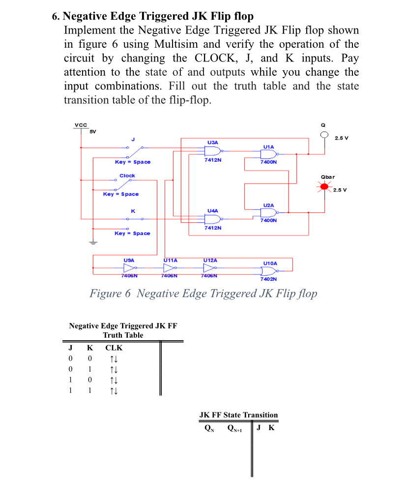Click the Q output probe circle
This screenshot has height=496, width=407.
click(324, 135)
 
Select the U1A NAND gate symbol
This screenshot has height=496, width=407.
click(269, 154)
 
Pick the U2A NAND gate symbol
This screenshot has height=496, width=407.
click(269, 212)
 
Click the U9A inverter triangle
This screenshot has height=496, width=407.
click(130, 268)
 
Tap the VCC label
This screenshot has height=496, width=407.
click(79, 125)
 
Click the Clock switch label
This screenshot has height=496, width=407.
click(127, 175)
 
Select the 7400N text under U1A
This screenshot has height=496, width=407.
click(268, 161)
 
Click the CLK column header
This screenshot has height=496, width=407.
click(114, 348)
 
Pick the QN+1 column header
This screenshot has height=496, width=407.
click(236, 428)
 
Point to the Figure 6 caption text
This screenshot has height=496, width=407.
click(203, 293)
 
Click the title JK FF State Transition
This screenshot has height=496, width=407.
click(238, 415)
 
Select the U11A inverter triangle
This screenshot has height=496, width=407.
click(170, 268)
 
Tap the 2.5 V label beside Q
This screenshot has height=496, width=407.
click(341, 137)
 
